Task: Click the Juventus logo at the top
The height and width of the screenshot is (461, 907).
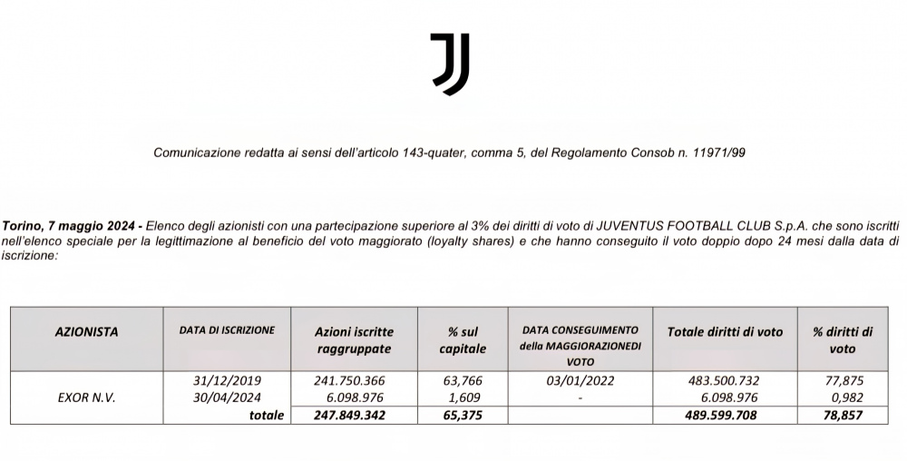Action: pos(450,64)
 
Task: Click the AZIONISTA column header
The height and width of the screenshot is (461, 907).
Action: pos(86,332)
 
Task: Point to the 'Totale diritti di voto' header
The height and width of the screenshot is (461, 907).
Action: pos(725,332)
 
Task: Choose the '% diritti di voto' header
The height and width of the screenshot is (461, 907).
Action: pos(843,340)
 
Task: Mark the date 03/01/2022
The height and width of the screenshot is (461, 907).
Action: pos(580,381)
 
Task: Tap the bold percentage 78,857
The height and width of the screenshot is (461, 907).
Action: pos(839,415)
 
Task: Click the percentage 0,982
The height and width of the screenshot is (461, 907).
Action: pos(843,397)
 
